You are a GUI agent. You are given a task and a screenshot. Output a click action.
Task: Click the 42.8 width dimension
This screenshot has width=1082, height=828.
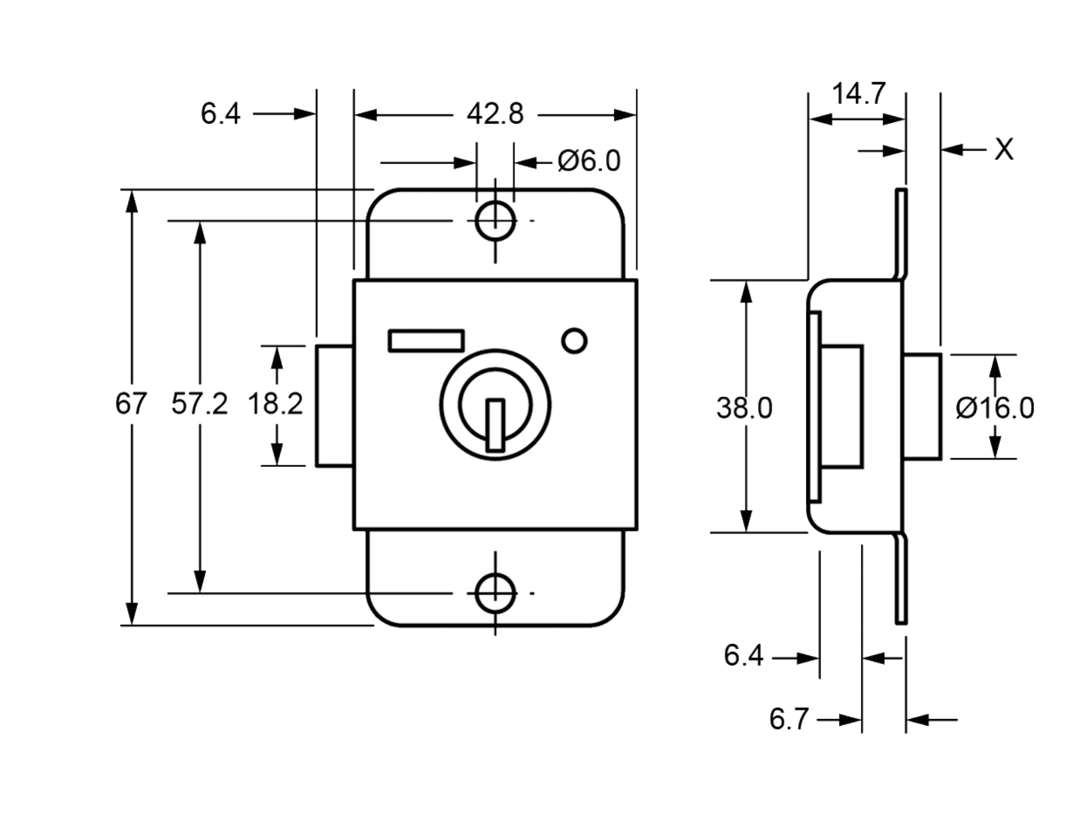click(495, 114)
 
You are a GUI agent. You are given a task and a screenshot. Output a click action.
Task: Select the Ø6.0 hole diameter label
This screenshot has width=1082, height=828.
click(588, 161)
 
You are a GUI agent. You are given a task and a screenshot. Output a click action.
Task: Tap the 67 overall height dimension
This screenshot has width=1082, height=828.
click(130, 405)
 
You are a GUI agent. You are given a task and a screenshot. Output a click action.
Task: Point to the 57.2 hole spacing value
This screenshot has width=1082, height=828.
click(199, 405)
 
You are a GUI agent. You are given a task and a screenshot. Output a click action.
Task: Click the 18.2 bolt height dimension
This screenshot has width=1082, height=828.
click(275, 405)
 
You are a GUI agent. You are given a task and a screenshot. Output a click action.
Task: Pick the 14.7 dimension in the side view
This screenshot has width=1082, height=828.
click(858, 94)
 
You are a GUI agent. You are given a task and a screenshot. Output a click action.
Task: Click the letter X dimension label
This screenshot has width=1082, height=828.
click(1004, 149)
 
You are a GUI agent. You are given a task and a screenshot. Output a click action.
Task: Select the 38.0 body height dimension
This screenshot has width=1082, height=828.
click(744, 409)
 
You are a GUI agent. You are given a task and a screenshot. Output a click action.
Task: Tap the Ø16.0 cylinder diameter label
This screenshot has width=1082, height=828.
click(995, 409)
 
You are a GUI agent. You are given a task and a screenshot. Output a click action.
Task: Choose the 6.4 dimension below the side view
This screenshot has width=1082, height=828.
click(743, 656)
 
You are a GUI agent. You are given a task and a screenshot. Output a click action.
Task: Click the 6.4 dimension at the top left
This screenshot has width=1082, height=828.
click(220, 114)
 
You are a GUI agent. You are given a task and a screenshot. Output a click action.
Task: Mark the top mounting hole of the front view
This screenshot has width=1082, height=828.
click(495, 221)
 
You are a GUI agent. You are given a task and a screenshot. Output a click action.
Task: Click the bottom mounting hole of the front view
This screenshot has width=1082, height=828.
click(495, 593)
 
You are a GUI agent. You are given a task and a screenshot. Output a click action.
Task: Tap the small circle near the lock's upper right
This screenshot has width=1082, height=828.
click(575, 341)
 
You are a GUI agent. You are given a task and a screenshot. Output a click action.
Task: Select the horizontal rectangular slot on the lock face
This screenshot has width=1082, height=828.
click(426, 341)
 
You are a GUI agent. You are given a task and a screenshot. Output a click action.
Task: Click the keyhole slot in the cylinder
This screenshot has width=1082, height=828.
click(496, 425)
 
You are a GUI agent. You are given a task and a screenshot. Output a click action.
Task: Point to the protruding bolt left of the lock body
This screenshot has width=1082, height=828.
click(334, 406)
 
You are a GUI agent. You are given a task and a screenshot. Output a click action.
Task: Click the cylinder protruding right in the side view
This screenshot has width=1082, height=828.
click(923, 407)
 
